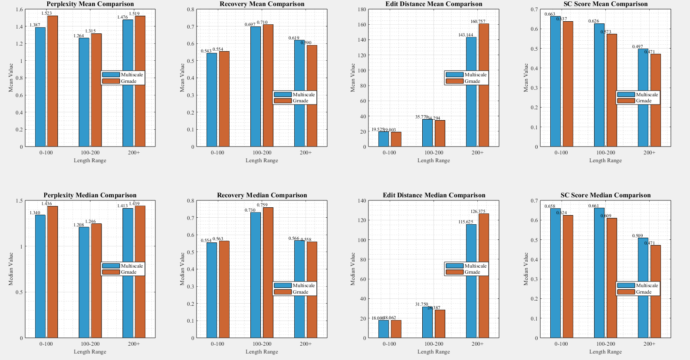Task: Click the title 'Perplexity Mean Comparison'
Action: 90,4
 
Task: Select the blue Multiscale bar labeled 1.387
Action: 40,87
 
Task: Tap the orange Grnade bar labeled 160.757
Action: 483,85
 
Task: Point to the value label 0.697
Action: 250,24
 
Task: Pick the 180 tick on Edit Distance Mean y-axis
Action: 362,9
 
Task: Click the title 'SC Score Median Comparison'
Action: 605,195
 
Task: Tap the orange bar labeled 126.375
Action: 483,275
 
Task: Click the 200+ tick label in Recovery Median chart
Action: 306,344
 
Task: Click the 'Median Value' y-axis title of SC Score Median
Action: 526,269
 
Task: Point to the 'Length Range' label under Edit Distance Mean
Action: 434,160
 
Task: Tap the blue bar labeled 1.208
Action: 84,282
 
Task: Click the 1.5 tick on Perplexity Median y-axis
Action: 19,201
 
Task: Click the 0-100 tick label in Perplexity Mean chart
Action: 46,153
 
